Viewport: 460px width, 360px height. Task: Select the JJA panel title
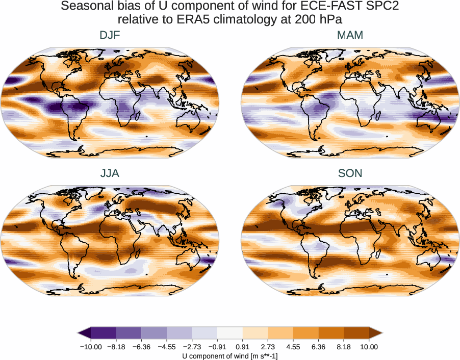(x=110, y=173)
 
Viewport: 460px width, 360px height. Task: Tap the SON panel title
(x=350, y=173)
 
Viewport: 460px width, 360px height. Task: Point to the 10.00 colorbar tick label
(x=369, y=347)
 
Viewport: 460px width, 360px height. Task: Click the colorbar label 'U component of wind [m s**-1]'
(x=230, y=356)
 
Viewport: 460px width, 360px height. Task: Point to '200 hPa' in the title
(x=311, y=20)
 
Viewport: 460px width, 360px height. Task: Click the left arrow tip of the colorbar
(x=80, y=333)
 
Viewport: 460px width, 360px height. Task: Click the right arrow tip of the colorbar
(x=380, y=333)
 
